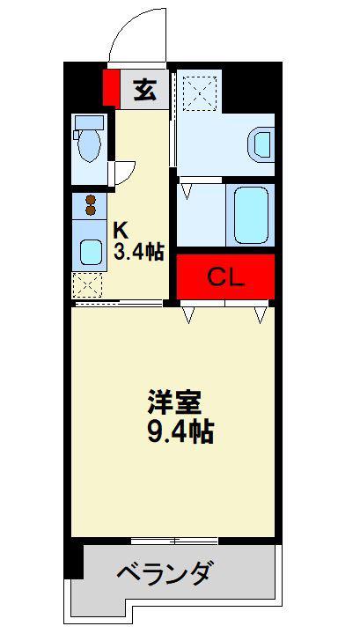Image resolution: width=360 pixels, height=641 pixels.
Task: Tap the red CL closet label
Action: (x=225, y=277)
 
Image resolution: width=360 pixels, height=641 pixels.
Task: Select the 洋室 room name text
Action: (x=174, y=402)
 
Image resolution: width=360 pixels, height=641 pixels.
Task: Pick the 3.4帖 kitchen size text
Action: (x=138, y=252)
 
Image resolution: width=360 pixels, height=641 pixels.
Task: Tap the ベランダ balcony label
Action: (x=164, y=573)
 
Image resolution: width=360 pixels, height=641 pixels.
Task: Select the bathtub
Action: (x=250, y=215)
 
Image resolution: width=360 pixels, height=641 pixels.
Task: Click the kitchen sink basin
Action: (x=91, y=252)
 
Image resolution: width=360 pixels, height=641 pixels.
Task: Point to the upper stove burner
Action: (x=91, y=200)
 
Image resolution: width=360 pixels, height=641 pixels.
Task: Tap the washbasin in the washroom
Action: (x=261, y=144)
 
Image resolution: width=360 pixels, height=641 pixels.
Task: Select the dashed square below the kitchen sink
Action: (x=87, y=284)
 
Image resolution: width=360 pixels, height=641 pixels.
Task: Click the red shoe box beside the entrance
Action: (x=111, y=88)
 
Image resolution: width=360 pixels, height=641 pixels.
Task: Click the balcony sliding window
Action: (x=174, y=541)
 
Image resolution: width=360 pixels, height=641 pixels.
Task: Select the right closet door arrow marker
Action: (x=260, y=315)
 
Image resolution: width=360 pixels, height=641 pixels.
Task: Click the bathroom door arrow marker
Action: (x=187, y=191)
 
